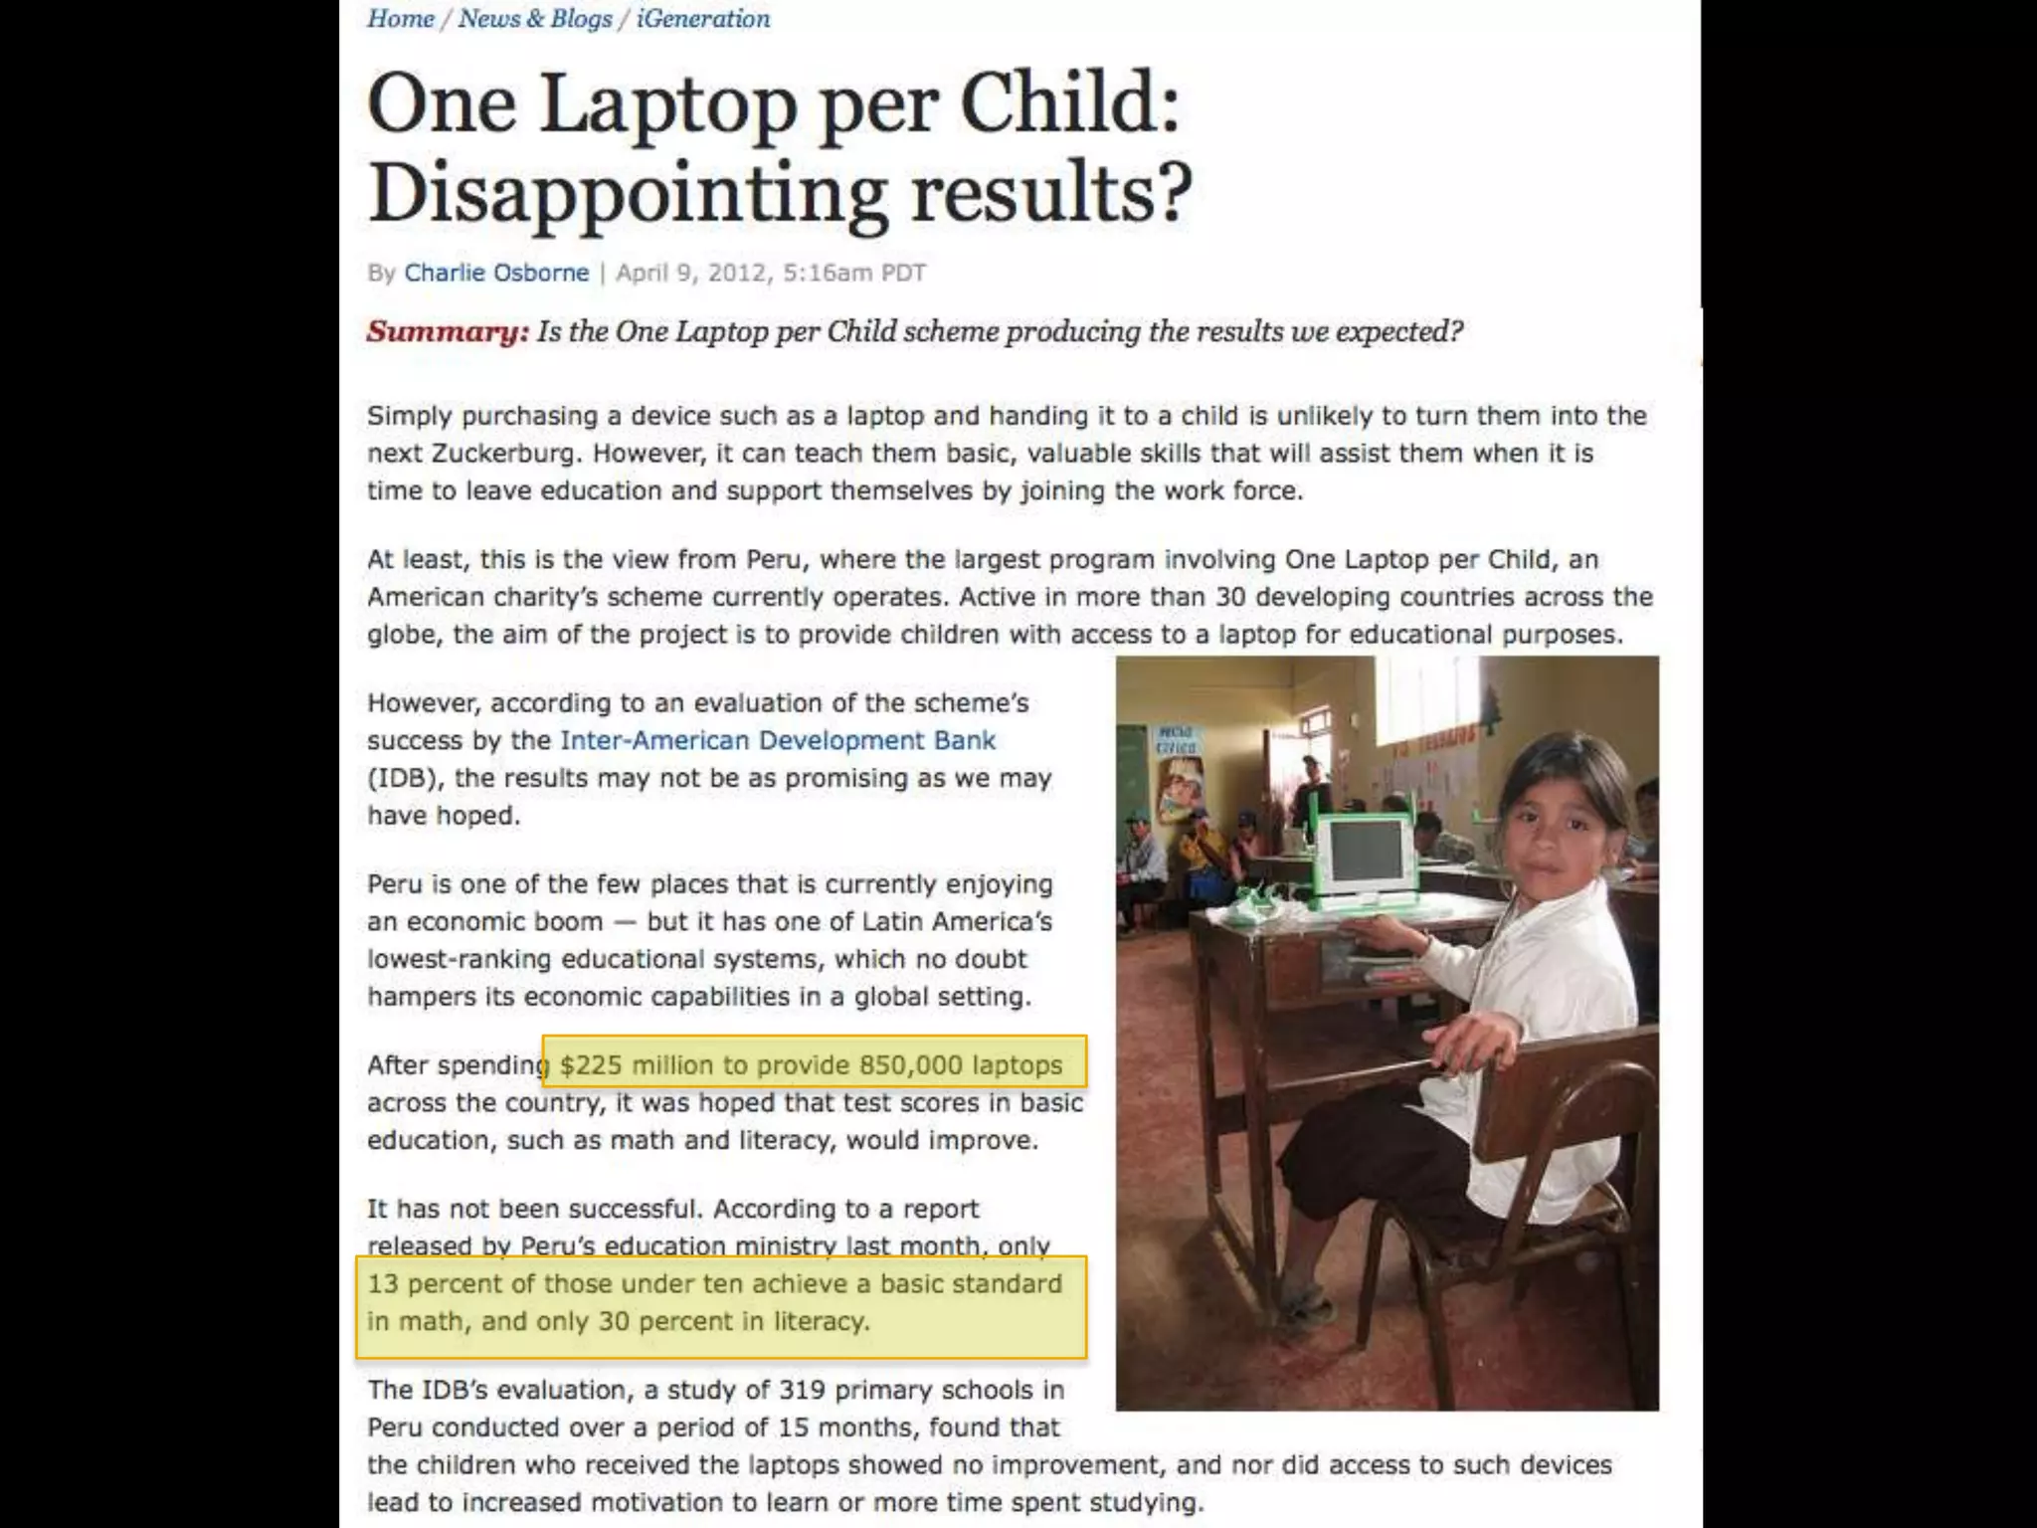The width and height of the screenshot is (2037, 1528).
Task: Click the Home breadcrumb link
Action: tap(400, 19)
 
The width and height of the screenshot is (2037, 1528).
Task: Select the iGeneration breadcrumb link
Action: tap(702, 19)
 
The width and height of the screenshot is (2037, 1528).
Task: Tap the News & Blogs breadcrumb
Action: tap(535, 19)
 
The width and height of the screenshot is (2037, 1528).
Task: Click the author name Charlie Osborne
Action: tap(496, 273)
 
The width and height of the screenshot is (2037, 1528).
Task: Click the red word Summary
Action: tap(448, 331)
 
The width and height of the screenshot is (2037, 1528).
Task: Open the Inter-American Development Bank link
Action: tap(777, 740)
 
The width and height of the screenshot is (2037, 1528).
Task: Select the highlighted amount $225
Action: tap(591, 1065)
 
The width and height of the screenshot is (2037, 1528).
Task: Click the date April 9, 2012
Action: tap(691, 273)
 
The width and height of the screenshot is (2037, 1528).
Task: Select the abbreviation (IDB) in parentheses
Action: tap(402, 778)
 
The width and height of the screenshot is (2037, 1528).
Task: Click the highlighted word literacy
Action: tap(822, 1321)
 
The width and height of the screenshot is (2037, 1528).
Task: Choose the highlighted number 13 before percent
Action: tap(383, 1284)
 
